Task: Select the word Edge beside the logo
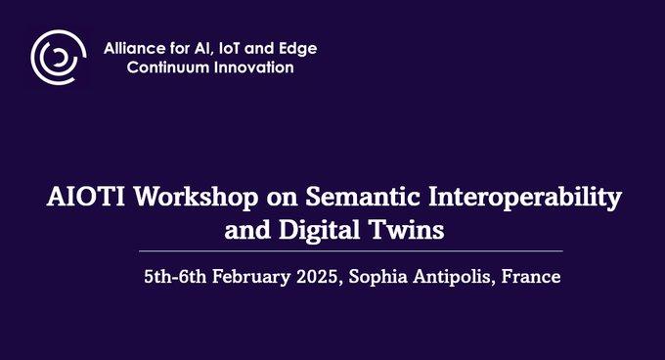(x=298, y=48)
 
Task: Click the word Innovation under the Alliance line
(x=255, y=67)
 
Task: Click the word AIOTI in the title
(x=85, y=197)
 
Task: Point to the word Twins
(x=408, y=231)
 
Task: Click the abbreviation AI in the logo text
(x=208, y=48)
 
